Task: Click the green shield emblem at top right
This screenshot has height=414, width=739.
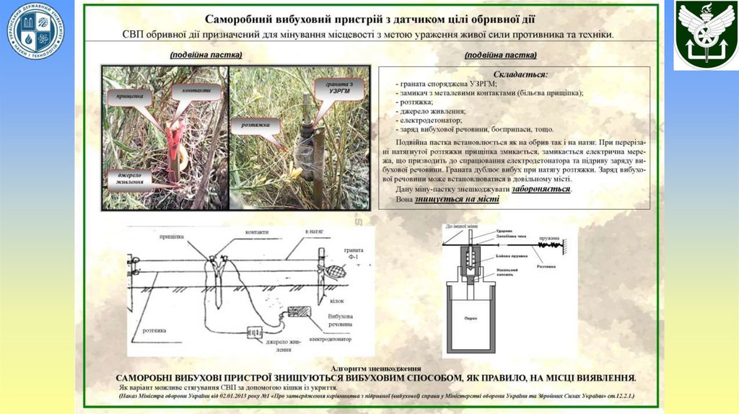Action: coord(705,35)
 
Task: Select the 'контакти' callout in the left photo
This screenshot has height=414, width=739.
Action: coord(196,91)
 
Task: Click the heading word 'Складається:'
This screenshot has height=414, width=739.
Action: coord(520,74)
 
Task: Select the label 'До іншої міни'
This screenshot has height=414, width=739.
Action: coord(461,226)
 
